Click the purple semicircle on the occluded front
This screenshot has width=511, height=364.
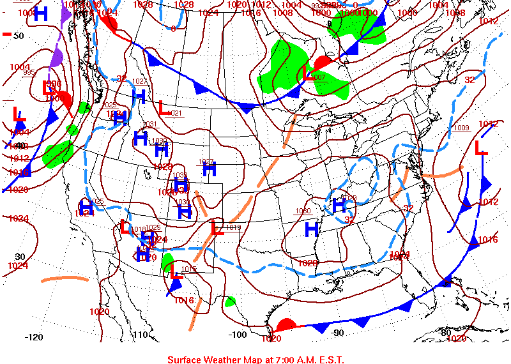point(56,59)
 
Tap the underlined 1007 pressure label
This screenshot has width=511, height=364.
point(318,77)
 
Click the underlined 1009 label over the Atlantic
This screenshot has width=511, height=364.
point(461,128)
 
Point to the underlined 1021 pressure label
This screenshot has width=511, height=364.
point(176,113)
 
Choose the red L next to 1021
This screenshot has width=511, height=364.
point(164,108)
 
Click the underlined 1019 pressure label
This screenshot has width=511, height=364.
point(233,227)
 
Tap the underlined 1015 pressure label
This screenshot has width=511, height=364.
point(189,269)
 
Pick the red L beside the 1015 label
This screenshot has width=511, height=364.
point(177,271)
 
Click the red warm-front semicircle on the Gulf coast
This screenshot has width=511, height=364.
point(286,324)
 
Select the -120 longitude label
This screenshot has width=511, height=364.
point(33,337)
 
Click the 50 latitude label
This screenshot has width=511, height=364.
point(18,36)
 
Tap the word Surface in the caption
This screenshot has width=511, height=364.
point(186,359)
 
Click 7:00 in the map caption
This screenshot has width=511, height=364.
point(287,359)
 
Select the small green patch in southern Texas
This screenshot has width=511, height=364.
point(230,301)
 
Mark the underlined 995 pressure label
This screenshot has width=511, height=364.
point(29,72)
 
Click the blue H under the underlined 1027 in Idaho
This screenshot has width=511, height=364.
point(139,96)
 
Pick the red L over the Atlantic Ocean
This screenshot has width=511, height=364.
point(481,148)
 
